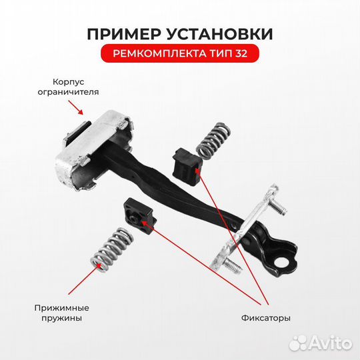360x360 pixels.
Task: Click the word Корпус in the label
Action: point(64,81)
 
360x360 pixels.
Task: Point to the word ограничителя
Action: point(64,93)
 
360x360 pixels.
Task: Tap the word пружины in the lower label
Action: point(61,319)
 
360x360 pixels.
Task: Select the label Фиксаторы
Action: point(265,319)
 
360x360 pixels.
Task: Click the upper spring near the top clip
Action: point(211,137)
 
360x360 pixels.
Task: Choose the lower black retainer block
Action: point(139,214)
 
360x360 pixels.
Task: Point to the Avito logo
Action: point(323,343)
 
